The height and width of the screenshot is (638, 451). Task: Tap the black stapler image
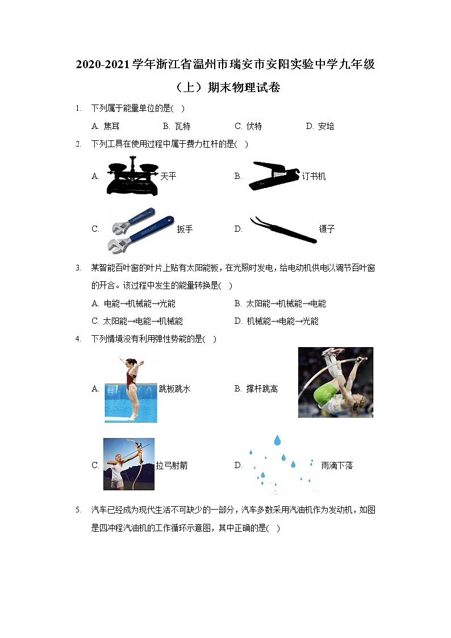coord(274,176)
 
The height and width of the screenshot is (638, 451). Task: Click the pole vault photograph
coord(336,382)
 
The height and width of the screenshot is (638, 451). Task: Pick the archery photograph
coord(129,464)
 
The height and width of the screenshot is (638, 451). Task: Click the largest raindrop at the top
coord(277,440)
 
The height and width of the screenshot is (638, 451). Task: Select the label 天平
coord(168,176)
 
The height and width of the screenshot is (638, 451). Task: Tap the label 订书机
coord(314,176)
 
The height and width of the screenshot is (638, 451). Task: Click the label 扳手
coord(185,229)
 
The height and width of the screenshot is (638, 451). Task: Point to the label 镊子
coord(327,229)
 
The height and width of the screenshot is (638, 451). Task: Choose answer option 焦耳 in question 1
coord(112,126)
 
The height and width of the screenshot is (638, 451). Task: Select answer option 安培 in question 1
coord(325,126)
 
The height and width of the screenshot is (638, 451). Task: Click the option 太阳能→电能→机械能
coord(143,322)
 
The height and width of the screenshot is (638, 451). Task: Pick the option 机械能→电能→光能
coord(283,322)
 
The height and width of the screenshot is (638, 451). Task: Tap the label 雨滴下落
coord(337,465)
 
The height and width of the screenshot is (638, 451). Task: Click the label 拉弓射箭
coord(172,465)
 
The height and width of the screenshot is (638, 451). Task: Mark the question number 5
coord(78,510)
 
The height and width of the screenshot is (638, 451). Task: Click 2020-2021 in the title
coord(102,64)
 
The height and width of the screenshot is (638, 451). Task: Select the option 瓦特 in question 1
coord(182,126)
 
